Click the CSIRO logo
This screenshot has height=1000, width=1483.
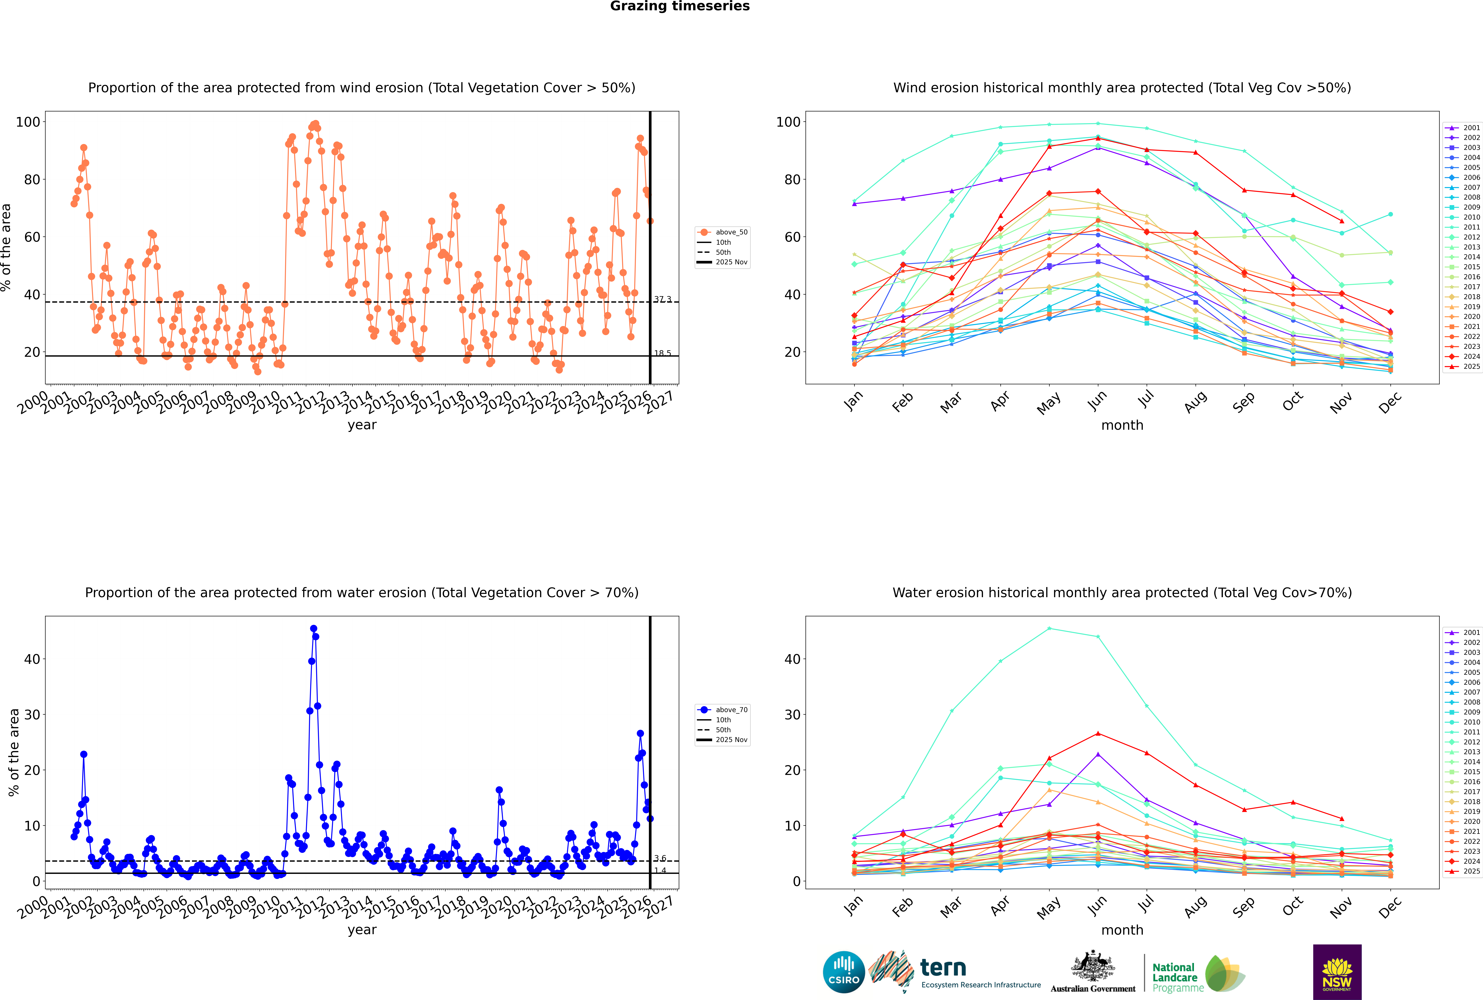(x=843, y=972)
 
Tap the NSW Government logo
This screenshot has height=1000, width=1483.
(x=1337, y=972)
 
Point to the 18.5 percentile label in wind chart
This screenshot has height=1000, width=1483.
(x=662, y=353)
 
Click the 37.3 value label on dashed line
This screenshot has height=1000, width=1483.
(x=662, y=299)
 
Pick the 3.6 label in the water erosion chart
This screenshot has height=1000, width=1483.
(x=660, y=858)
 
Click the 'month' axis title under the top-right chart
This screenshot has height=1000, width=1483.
(x=1122, y=425)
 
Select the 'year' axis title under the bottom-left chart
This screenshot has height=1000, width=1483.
(x=362, y=930)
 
